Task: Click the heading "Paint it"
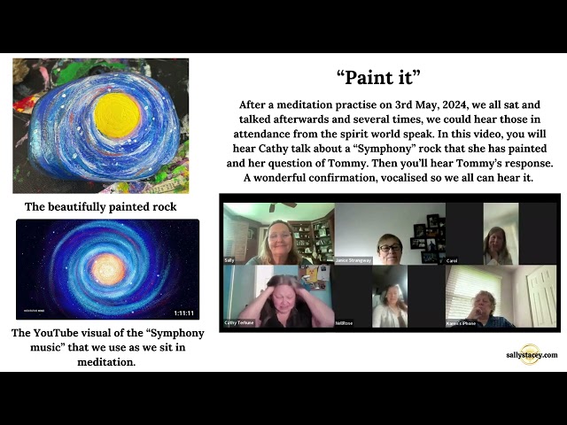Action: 378,77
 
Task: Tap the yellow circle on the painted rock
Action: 118,115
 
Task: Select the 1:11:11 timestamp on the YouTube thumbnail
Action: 183,313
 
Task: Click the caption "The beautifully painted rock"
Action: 100,206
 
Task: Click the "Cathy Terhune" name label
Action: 240,323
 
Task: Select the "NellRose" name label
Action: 345,323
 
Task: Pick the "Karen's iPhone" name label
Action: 461,323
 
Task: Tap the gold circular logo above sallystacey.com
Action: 530,346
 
